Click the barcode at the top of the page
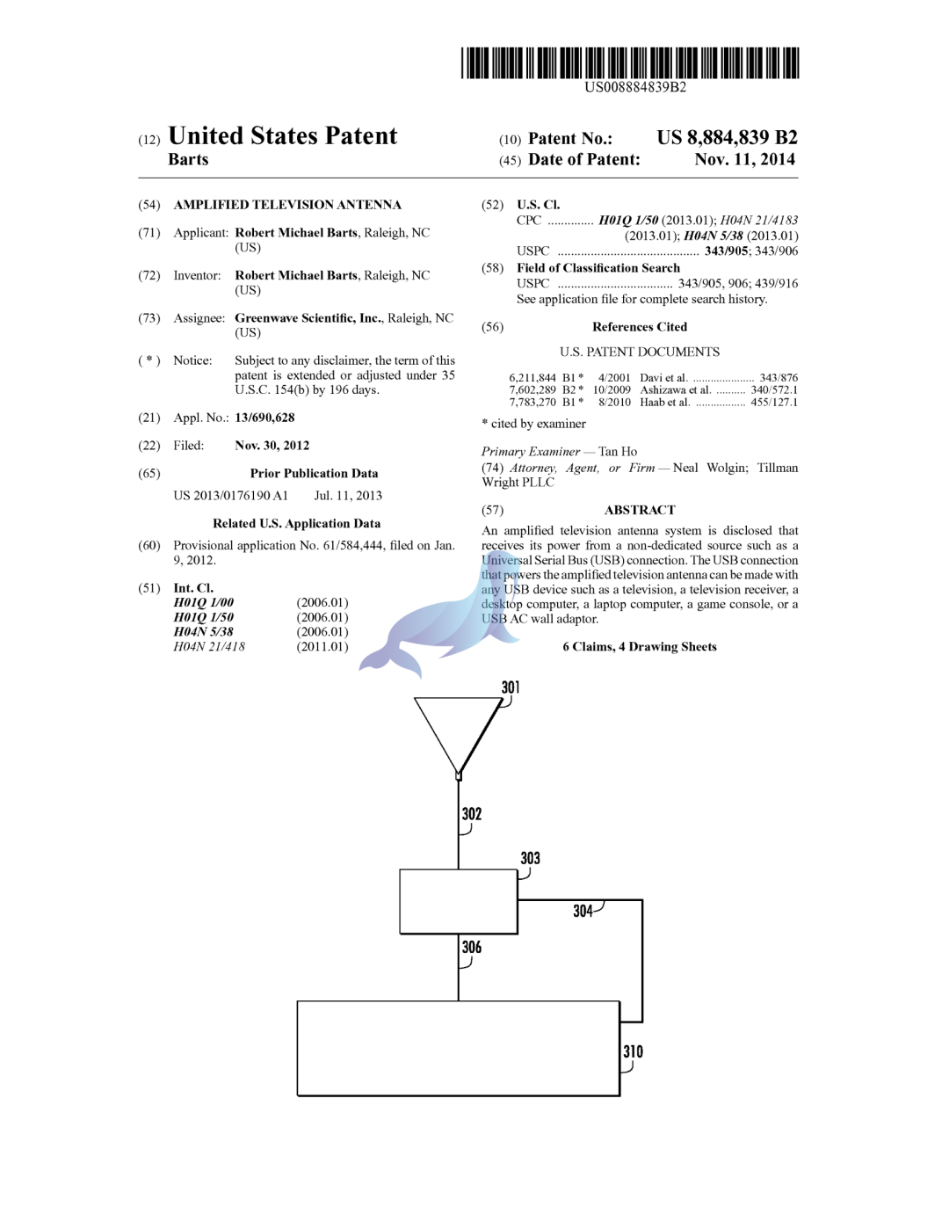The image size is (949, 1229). click(x=630, y=63)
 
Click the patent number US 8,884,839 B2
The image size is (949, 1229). click(x=727, y=138)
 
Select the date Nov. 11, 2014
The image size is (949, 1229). click(x=744, y=159)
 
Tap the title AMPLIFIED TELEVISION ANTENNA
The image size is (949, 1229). click(x=287, y=205)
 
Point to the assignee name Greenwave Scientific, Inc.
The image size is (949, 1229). click(x=308, y=318)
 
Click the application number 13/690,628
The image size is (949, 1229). click(x=264, y=418)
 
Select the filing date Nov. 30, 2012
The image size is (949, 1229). click(x=272, y=446)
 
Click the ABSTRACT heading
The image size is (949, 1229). click(x=640, y=510)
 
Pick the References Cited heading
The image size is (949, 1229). click(x=640, y=327)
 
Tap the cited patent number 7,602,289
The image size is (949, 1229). click(x=532, y=390)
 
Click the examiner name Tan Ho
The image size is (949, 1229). click(x=618, y=452)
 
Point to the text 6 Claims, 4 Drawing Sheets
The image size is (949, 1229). click(x=640, y=647)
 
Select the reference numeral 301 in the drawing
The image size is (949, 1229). click(x=511, y=687)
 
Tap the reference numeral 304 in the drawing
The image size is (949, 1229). click(x=583, y=912)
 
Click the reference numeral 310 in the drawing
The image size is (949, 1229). click(x=633, y=1052)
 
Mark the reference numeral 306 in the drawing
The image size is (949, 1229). click(x=472, y=948)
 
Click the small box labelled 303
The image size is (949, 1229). click(x=458, y=902)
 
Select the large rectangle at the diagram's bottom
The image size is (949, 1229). click(x=458, y=1049)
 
